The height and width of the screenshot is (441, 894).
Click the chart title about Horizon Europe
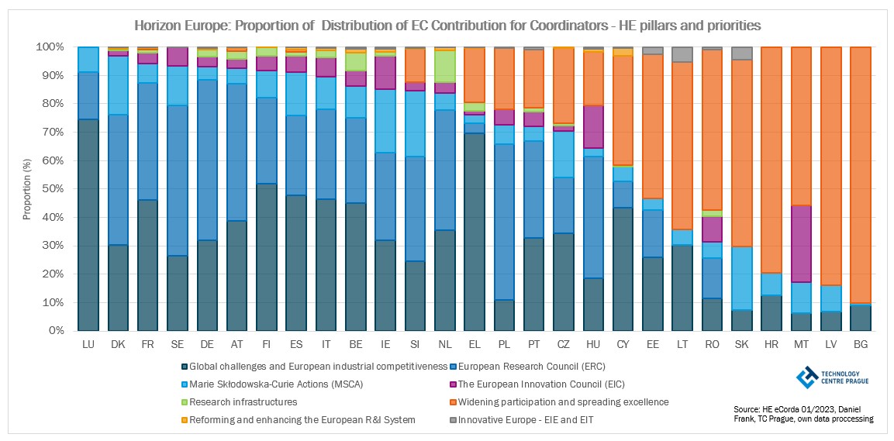pos(447,26)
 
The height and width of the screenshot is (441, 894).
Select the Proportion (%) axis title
pos(27,189)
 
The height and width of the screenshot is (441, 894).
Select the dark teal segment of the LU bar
pos(88,225)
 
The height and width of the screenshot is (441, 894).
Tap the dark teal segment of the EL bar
pos(475,232)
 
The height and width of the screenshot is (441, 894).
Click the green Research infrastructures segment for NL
pos(446,67)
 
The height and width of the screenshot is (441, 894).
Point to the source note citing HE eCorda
pos(803,414)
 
